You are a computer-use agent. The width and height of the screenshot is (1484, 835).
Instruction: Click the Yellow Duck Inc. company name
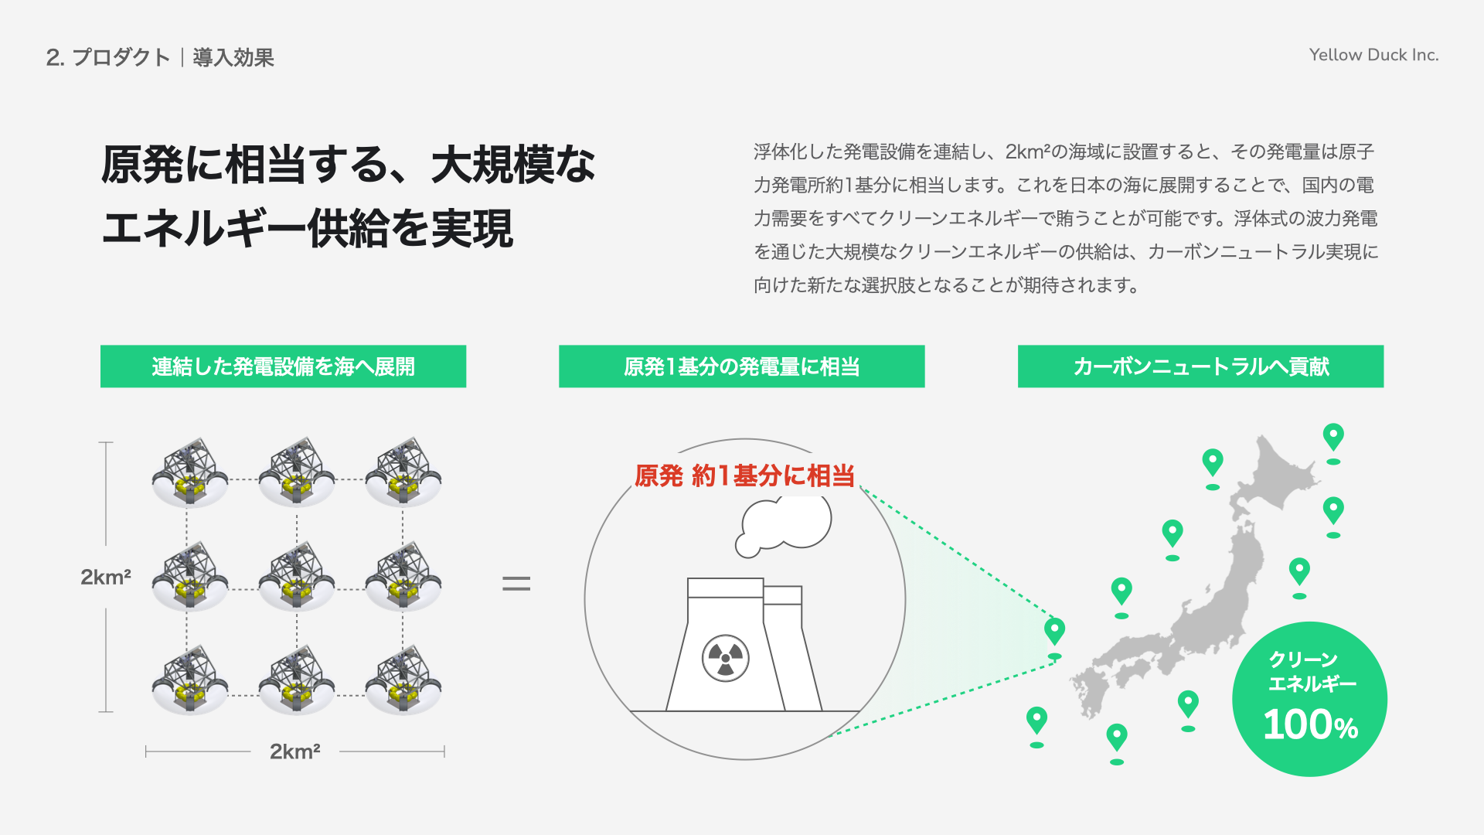click(x=1373, y=55)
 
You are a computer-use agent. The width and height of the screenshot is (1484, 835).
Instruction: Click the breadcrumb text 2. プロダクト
click(x=107, y=57)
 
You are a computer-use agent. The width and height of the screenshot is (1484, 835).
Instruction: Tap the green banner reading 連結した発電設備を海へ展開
click(x=283, y=366)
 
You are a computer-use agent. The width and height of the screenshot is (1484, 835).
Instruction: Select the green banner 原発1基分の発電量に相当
click(x=741, y=366)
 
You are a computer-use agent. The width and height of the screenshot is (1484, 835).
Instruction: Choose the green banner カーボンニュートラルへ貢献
click(x=1200, y=366)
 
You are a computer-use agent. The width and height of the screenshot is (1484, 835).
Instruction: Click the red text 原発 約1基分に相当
click(x=744, y=475)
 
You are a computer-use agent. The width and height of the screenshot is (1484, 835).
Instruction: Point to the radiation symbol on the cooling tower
click(x=725, y=658)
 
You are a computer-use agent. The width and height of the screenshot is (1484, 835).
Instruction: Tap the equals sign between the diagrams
click(x=516, y=584)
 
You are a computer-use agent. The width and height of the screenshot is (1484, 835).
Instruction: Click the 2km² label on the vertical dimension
click(x=106, y=577)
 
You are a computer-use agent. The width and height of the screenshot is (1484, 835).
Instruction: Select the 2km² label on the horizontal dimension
click(x=294, y=751)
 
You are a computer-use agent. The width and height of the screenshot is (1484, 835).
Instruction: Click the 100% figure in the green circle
click(x=1310, y=725)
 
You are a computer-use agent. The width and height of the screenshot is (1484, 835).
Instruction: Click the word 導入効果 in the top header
click(x=233, y=57)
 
